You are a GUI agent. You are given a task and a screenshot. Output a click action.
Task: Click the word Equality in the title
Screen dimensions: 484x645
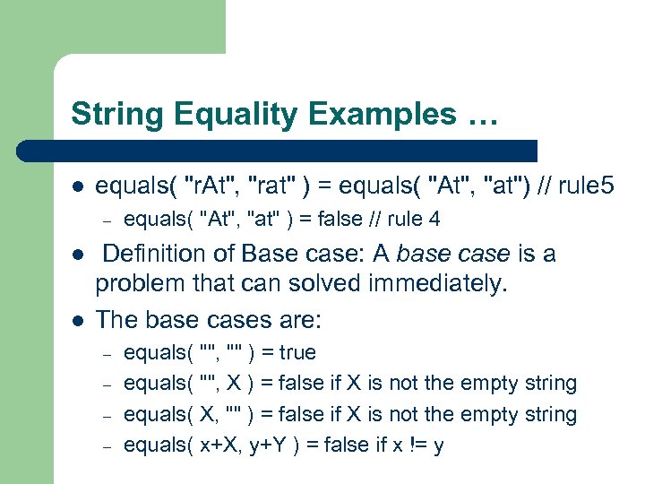click(x=211, y=115)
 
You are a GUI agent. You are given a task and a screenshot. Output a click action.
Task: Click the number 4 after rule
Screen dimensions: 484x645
click(x=434, y=219)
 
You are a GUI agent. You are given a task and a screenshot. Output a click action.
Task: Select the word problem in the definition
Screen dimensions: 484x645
click(x=139, y=284)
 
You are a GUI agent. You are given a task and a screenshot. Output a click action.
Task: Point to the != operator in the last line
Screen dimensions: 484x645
click(x=416, y=445)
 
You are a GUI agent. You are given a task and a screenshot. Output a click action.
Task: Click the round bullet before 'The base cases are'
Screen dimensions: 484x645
click(x=78, y=319)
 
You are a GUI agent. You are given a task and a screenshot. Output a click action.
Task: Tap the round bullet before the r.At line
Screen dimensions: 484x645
click(x=78, y=186)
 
